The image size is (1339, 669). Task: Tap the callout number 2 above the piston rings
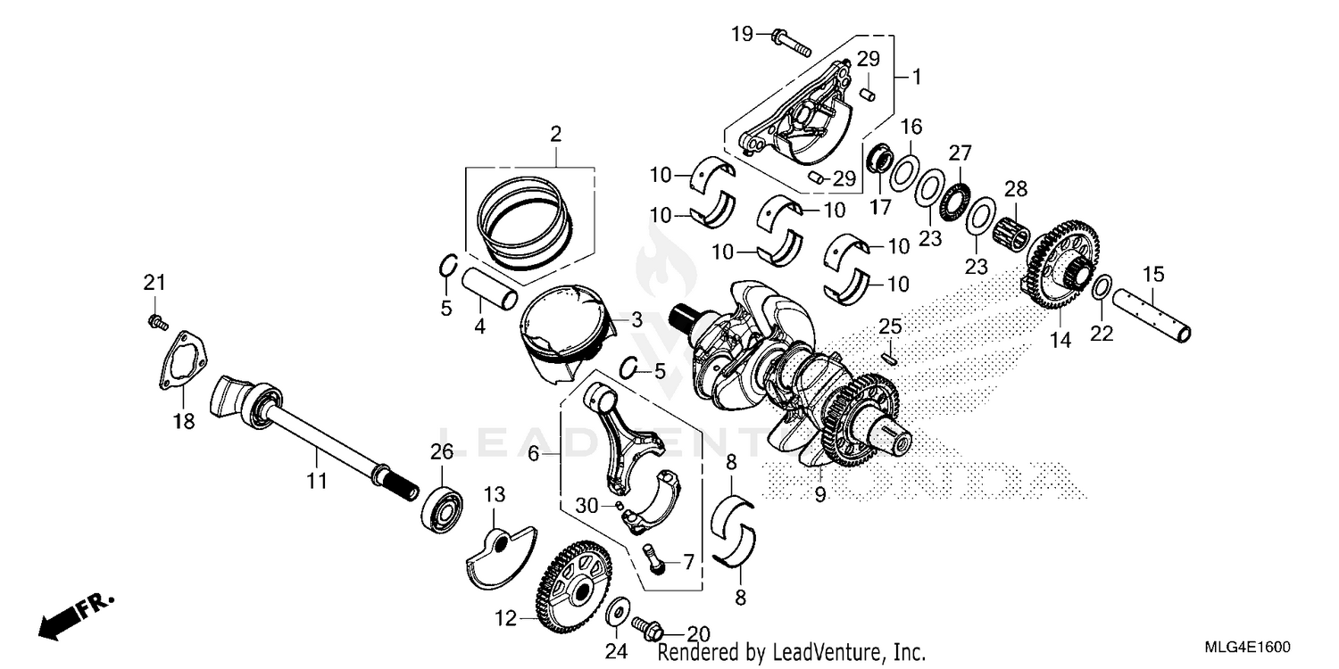point(555,136)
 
